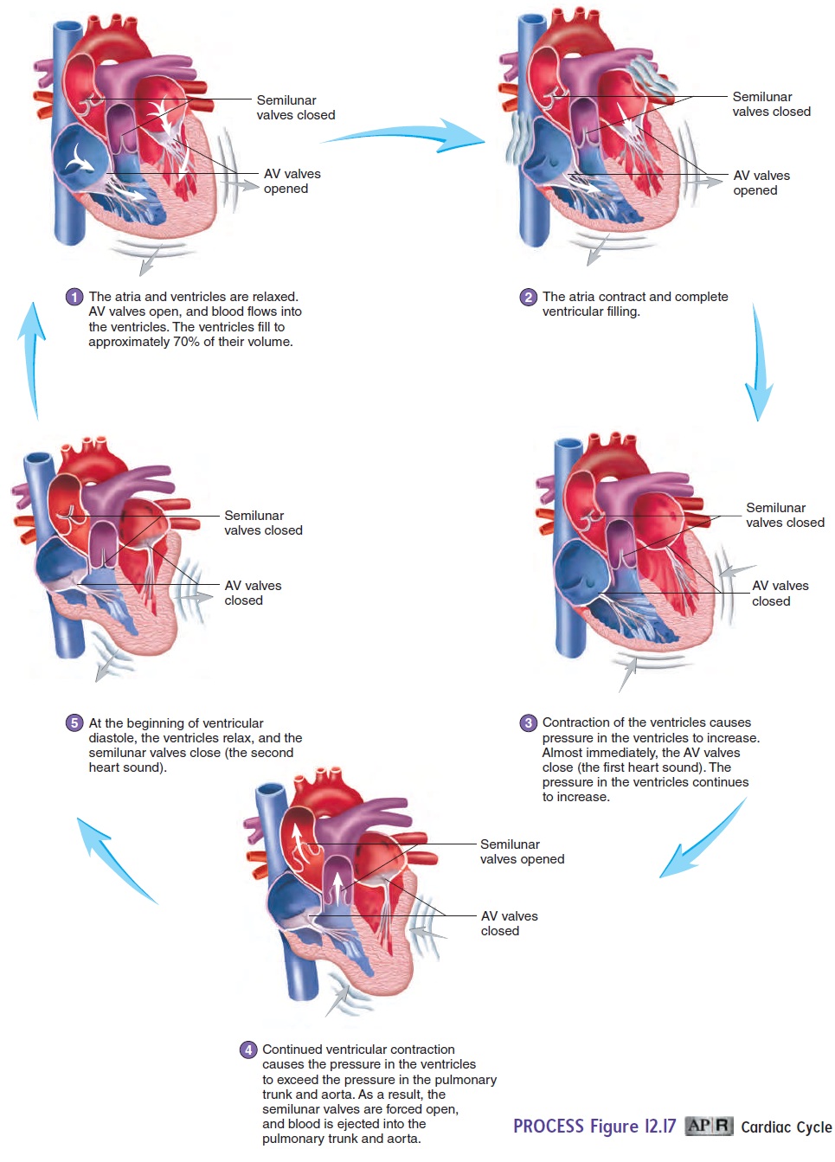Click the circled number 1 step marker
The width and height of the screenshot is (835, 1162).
click(74, 297)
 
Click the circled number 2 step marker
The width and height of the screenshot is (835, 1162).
click(529, 298)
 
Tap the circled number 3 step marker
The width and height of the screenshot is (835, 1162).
click(529, 723)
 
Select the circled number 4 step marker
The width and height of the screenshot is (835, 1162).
click(248, 1050)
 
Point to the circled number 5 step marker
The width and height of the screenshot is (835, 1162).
click(74, 723)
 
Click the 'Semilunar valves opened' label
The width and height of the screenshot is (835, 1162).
click(522, 851)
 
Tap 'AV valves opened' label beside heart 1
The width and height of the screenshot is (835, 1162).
click(292, 181)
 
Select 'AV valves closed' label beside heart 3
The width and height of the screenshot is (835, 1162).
click(780, 594)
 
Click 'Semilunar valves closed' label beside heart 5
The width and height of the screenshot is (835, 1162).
click(263, 523)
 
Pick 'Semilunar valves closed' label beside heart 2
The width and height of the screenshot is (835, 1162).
click(771, 104)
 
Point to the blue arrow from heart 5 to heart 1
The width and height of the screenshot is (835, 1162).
click(32, 359)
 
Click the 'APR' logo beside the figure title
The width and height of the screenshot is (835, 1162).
click(709, 1126)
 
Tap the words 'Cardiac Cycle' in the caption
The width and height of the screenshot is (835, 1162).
click(786, 1127)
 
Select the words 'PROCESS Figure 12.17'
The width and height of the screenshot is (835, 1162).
click(594, 1126)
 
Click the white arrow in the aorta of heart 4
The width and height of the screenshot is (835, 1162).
click(299, 838)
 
